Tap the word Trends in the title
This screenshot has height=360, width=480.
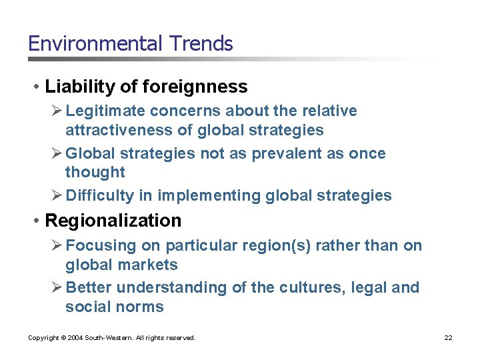(201, 44)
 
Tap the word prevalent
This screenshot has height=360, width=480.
(266, 153)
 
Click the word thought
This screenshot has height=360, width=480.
(95, 172)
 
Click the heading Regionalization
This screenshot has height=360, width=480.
(113, 221)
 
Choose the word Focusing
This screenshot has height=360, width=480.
(101, 245)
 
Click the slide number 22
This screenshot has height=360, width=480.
(448, 338)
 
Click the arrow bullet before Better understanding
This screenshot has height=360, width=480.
(58, 287)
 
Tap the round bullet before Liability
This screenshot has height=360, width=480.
(37, 87)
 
